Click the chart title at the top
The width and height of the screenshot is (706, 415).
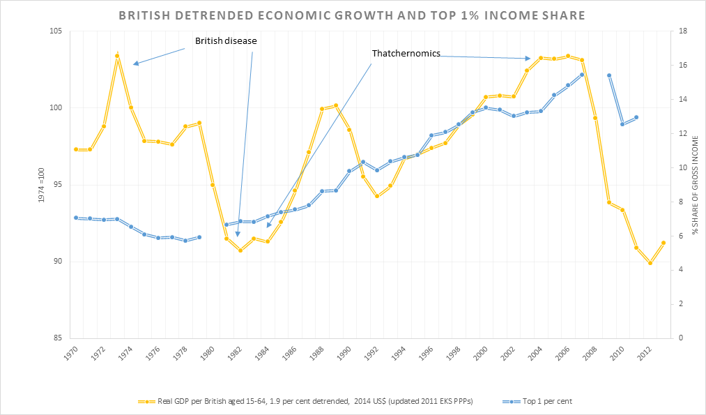pos(351,15)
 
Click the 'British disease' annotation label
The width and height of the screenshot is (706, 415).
pos(226,40)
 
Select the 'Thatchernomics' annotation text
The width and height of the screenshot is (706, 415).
pos(406,53)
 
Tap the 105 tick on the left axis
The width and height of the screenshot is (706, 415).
pos(55,31)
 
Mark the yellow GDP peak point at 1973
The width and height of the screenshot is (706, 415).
pos(117,56)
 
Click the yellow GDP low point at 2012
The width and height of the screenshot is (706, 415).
pos(650,263)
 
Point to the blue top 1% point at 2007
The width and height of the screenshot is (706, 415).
pos(582,75)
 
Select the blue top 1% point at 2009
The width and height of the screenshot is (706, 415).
pos(609,75)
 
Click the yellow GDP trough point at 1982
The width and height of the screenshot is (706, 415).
pos(240,250)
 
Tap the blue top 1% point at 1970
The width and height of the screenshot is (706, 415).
pos(76,218)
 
